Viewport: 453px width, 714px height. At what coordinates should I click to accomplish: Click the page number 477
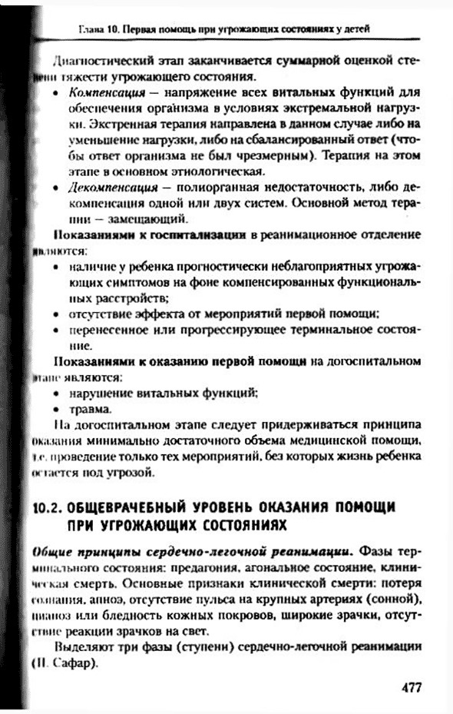tap(411, 687)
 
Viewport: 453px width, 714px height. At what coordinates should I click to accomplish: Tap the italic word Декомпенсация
tap(107, 187)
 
